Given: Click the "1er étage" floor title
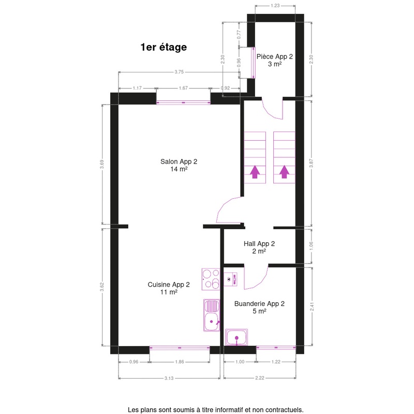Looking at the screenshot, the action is click(x=164, y=47).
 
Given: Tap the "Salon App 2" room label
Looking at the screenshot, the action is click(x=179, y=161).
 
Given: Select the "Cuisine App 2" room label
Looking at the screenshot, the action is click(x=169, y=285).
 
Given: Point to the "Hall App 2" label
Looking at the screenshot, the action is click(x=259, y=244).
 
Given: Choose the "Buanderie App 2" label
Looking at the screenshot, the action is click(x=259, y=304).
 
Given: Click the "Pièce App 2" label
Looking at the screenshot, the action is click(x=275, y=56).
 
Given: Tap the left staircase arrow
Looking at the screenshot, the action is click(x=255, y=172).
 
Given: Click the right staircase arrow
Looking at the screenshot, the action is click(x=284, y=172).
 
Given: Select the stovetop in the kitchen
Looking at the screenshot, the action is click(x=211, y=279).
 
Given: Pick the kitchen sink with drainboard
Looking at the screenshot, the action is click(x=212, y=315).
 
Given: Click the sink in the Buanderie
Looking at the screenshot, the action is click(x=236, y=337).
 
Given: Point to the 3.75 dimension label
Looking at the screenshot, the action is click(x=179, y=72).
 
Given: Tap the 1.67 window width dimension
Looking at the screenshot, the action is click(x=183, y=88).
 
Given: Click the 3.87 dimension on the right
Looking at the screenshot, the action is click(x=312, y=163).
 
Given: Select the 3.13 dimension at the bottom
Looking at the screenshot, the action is click(x=169, y=378).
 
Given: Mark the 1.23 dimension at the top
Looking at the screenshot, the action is click(x=275, y=6).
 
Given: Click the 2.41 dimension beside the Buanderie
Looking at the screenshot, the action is click(x=312, y=306).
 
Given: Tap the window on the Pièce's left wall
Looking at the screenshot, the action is click(x=253, y=63).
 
